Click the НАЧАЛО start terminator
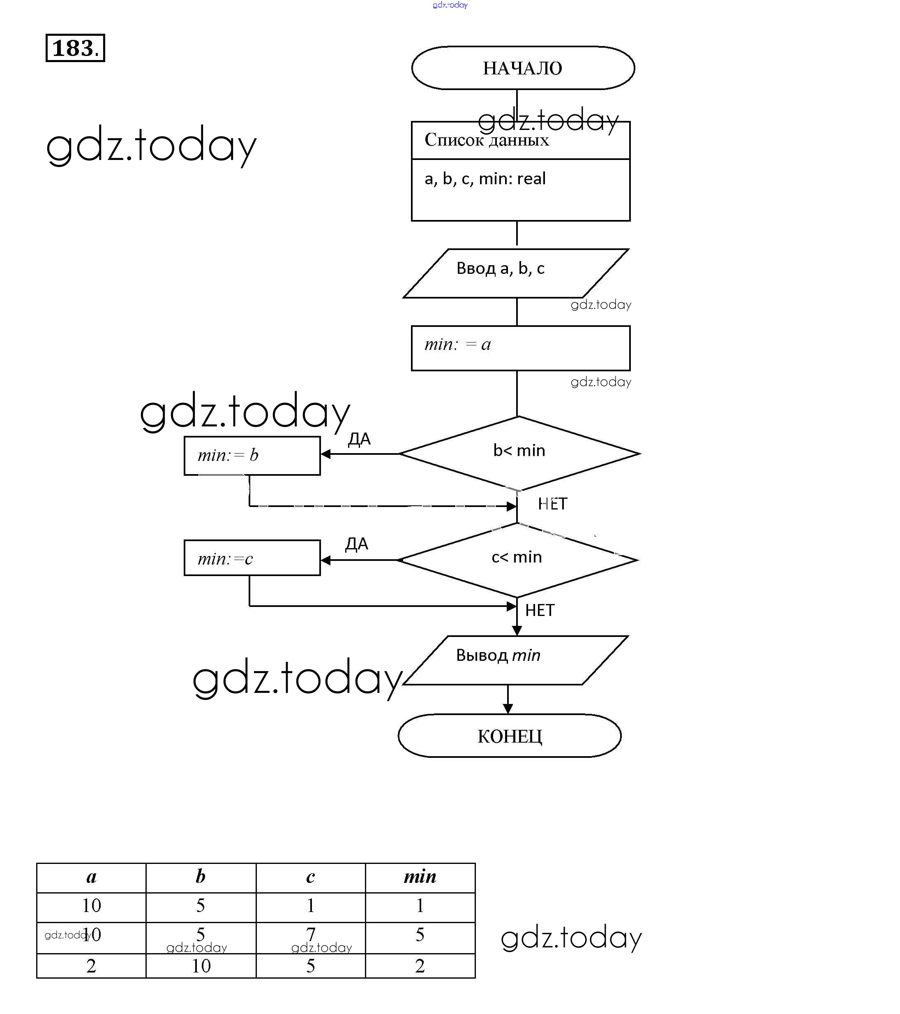click(523, 68)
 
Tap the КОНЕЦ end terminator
click(509, 736)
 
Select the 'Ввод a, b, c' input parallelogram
click(516, 273)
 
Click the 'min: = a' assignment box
click(520, 348)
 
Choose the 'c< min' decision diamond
click(517, 559)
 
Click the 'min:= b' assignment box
click(252, 456)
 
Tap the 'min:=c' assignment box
click(252, 558)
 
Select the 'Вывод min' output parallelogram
click(516, 660)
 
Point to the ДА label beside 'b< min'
click(360, 439)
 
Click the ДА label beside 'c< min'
click(357, 544)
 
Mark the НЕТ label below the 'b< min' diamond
click(552, 504)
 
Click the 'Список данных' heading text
click(487, 140)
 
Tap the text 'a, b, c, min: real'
click(485, 178)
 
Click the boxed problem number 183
click(75, 48)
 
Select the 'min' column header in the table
click(420, 877)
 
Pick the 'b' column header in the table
click(200, 877)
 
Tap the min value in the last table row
click(420, 965)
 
